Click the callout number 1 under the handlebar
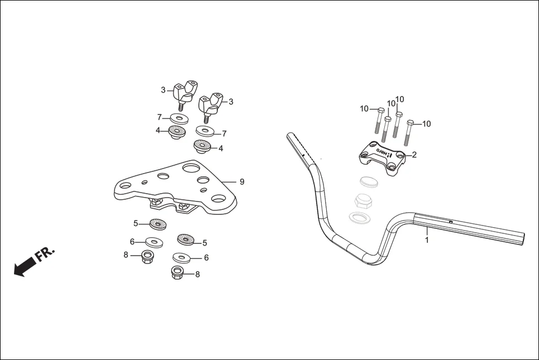coord(427,241)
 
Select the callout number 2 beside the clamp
coord(414,155)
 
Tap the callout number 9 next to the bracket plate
coord(241,181)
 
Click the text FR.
coord(45,254)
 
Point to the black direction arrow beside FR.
coord(23,268)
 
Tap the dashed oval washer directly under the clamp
coord(368,182)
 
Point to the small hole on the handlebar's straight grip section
coord(450,223)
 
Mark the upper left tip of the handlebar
coord(290,135)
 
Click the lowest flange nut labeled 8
coord(179,273)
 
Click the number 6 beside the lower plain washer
coord(206,258)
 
